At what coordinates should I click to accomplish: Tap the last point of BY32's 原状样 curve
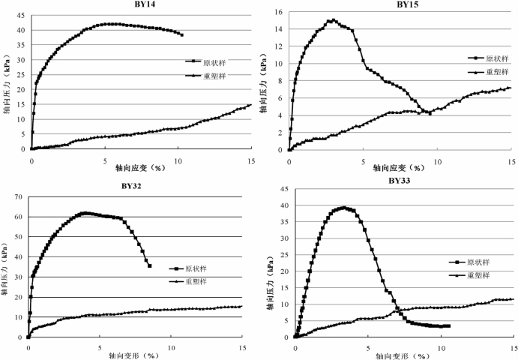(150, 265)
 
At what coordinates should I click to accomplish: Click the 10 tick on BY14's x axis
(178, 160)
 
